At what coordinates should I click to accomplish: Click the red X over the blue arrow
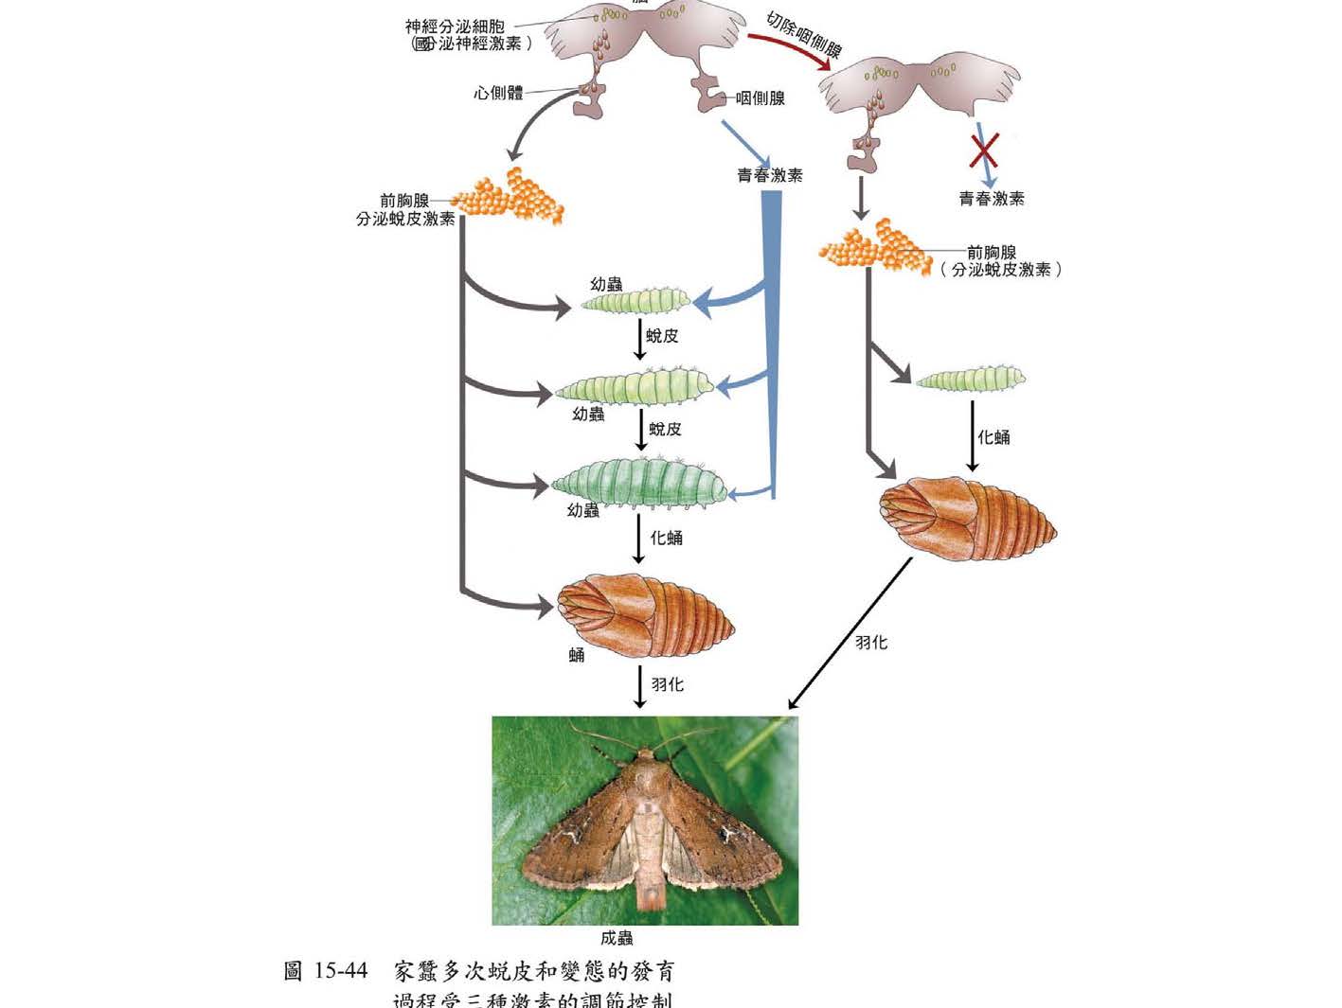[984, 150]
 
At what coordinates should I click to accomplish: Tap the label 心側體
[498, 93]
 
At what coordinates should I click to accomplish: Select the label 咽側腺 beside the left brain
[760, 98]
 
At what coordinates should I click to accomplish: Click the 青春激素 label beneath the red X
[992, 199]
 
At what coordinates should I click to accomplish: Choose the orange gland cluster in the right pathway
[874, 246]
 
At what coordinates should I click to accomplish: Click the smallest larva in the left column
[635, 302]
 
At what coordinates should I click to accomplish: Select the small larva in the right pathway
[970, 380]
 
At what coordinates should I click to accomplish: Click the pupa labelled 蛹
[646, 615]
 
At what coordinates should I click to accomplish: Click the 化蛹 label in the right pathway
[993, 437]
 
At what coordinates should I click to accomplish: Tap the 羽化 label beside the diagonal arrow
[871, 643]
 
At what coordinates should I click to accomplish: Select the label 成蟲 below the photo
[617, 938]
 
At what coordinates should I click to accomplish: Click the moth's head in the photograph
[645, 758]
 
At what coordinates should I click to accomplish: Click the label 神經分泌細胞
[455, 27]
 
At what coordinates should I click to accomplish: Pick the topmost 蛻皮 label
[663, 336]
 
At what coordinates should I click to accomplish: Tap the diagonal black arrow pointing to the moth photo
[849, 634]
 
